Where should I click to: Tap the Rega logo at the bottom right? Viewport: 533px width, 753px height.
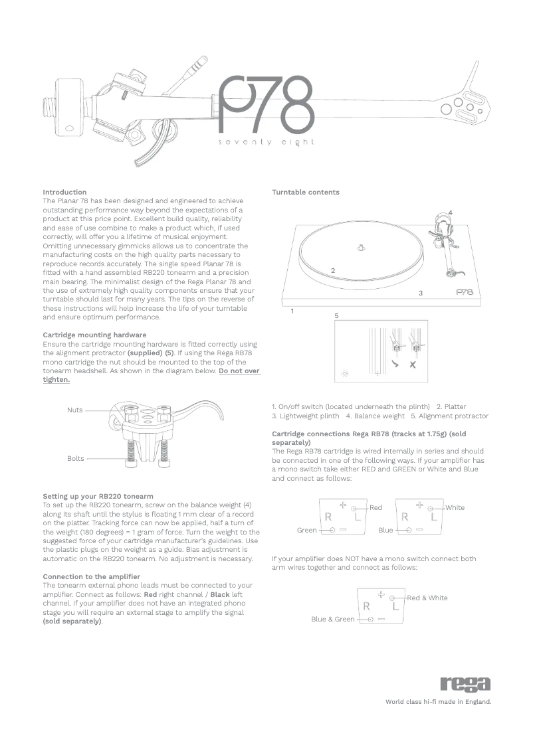click(465, 684)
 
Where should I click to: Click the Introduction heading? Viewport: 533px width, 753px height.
click(64, 192)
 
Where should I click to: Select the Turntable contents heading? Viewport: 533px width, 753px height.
click(305, 192)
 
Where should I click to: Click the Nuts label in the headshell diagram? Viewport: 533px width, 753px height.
click(75, 410)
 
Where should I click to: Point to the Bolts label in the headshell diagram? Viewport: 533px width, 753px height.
click(75, 458)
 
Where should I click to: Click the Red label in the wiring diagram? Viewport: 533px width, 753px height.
click(375, 508)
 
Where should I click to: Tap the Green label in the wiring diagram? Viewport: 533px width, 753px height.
click(307, 531)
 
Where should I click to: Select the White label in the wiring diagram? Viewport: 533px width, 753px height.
click(455, 508)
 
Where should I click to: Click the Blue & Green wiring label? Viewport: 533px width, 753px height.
click(333, 620)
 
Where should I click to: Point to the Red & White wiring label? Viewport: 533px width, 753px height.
click(427, 598)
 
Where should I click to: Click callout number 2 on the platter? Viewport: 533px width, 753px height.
click(332, 270)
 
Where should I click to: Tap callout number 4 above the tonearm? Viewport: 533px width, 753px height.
click(450, 212)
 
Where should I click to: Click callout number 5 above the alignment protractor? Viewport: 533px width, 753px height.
click(336, 315)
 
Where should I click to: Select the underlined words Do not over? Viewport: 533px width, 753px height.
click(239, 371)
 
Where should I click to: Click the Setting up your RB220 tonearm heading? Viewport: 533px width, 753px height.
click(98, 496)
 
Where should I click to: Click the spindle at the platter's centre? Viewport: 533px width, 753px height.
click(360, 248)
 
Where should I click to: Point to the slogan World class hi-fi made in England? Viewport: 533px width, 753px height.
click(438, 701)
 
